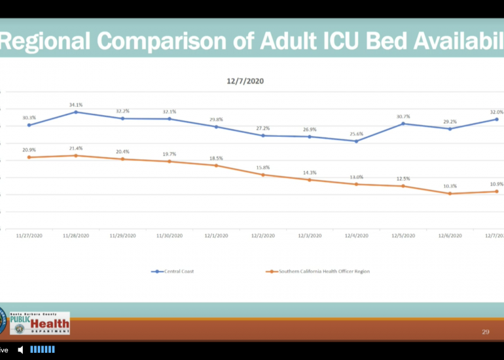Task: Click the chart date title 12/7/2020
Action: (245, 82)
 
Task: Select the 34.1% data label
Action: (76, 105)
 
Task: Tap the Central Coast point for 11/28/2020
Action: (76, 112)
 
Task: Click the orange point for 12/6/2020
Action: (450, 194)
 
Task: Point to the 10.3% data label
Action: (450, 186)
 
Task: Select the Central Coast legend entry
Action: (173, 272)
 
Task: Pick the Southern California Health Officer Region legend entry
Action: (317, 272)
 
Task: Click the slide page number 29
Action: (486, 332)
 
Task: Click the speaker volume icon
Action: (20, 350)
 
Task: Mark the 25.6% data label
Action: (356, 134)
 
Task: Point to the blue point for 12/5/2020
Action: (403, 124)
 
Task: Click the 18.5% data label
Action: (216, 158)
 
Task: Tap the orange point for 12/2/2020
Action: (263, 175)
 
